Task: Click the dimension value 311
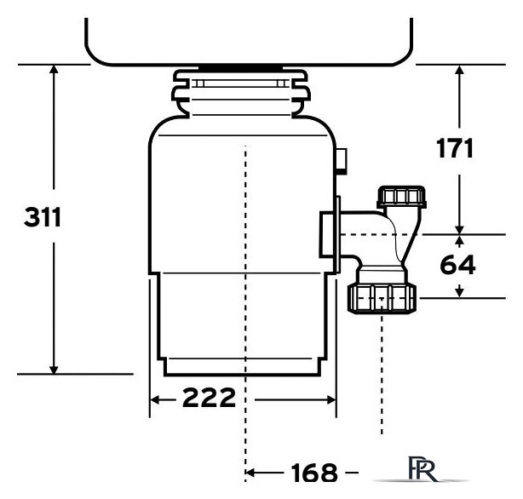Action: tap(43, 217)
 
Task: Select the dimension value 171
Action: tap(455, 148)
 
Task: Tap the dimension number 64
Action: tap(457, 265)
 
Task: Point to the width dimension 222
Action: tap(210, 398)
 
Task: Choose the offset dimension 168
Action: tap(314, 473)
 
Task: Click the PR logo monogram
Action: tap(422, 468)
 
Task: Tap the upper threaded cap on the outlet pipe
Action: tap(401, 197)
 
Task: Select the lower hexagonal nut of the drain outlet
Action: tap(382, 298)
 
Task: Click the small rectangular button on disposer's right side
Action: tap(342, 161)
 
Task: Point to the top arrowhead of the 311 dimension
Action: tap(54, 69)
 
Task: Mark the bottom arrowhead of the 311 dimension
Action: tap(54, 370)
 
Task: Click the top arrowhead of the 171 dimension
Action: tap(460, 69)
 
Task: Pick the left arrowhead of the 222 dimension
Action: tap(154, 399)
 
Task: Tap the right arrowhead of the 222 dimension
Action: tap(331, 399)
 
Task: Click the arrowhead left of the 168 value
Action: tap(250, 473)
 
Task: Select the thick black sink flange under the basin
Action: tap(240, 68)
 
